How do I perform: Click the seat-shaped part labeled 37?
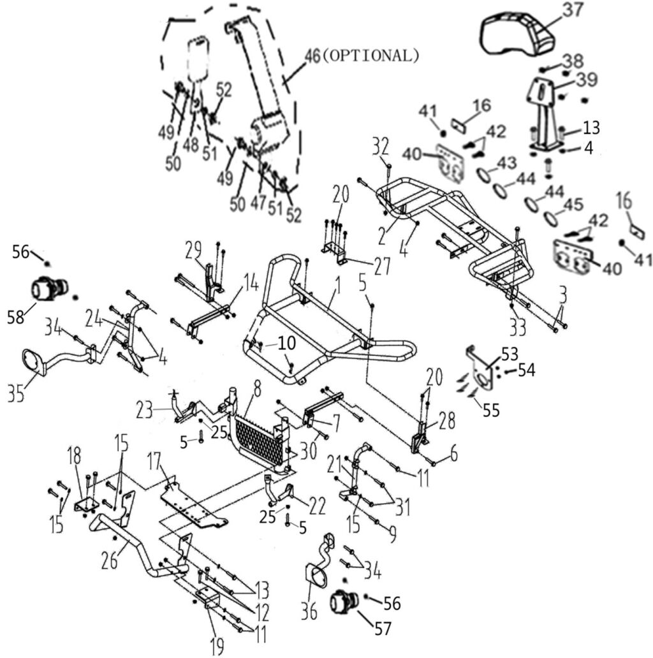[x=517, y=35]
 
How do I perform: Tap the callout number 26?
[x=110, y=561]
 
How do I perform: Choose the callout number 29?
[x=193, y=250]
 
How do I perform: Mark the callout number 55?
[x=490, y=411]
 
